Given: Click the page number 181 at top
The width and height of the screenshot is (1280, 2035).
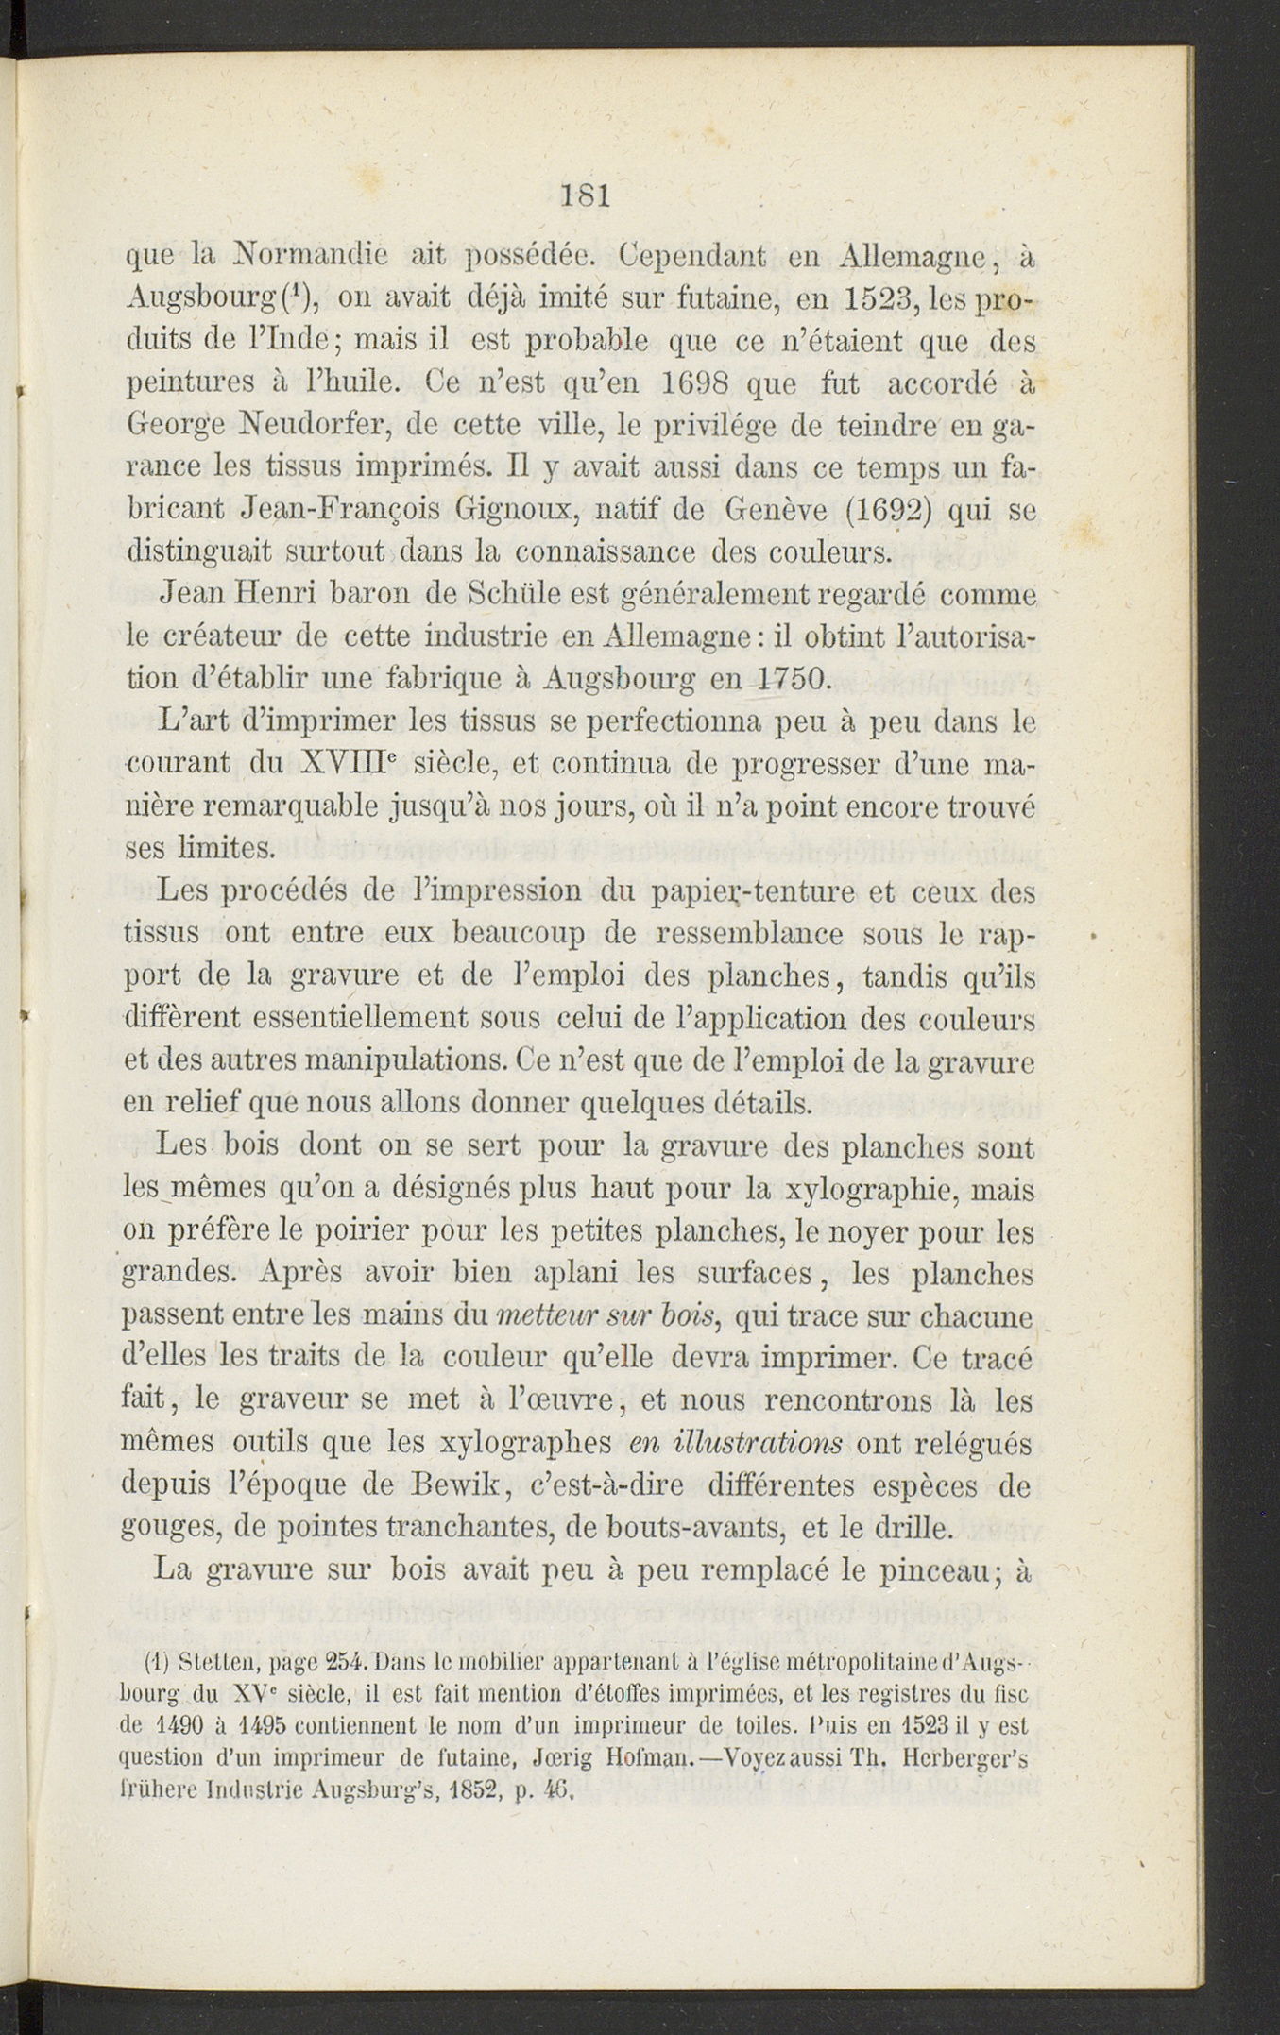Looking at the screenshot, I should [587, 195].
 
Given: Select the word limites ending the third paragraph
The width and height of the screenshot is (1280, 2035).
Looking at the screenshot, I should [227, 847].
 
